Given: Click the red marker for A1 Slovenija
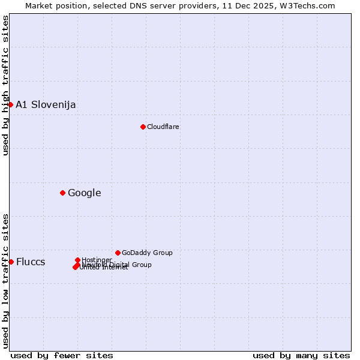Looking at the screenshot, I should click(x=10, y=104).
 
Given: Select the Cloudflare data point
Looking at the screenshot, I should click(x=143, y=127).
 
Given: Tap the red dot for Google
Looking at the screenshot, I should click(x=62, y=193).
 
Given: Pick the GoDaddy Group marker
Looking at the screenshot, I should click(x=118, y=253).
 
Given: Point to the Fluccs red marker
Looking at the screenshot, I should click(x=11, y=262).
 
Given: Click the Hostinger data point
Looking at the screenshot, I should click(x=77, y=260).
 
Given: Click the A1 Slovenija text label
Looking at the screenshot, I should click(x=46, y=105).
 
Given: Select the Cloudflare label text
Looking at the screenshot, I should click(x=163, y=127).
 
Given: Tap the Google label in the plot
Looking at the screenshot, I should click(x=85, y=193).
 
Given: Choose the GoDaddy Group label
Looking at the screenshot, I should click(x=147, y=253).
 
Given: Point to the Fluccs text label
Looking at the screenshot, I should click(x=31, y=262).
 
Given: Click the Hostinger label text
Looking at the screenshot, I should click(x=97, y=260).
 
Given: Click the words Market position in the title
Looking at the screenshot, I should click(x=53, y=5).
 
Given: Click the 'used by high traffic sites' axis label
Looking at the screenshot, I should click(x=5, y=85).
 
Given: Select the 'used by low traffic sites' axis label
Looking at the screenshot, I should click(x=5, y=281).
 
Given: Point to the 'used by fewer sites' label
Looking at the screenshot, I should click(x=62, y=355).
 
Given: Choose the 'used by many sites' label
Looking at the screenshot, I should click(x=301, y=355).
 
